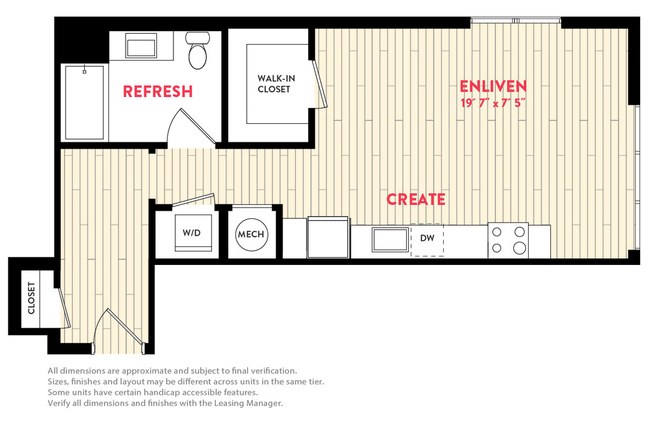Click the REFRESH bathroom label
[158, 91]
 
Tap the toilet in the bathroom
[198, 50]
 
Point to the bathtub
[85, 103]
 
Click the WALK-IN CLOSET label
[276, 84]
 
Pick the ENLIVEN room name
[493, 86]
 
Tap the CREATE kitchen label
[416, 199]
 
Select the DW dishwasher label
[427, 238]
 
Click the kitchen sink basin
[390, 240]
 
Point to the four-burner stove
[508, 240]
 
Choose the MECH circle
[251, 234]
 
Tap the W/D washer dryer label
[191, 232]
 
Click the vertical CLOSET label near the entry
[31, 298]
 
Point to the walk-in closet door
[320, 84]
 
